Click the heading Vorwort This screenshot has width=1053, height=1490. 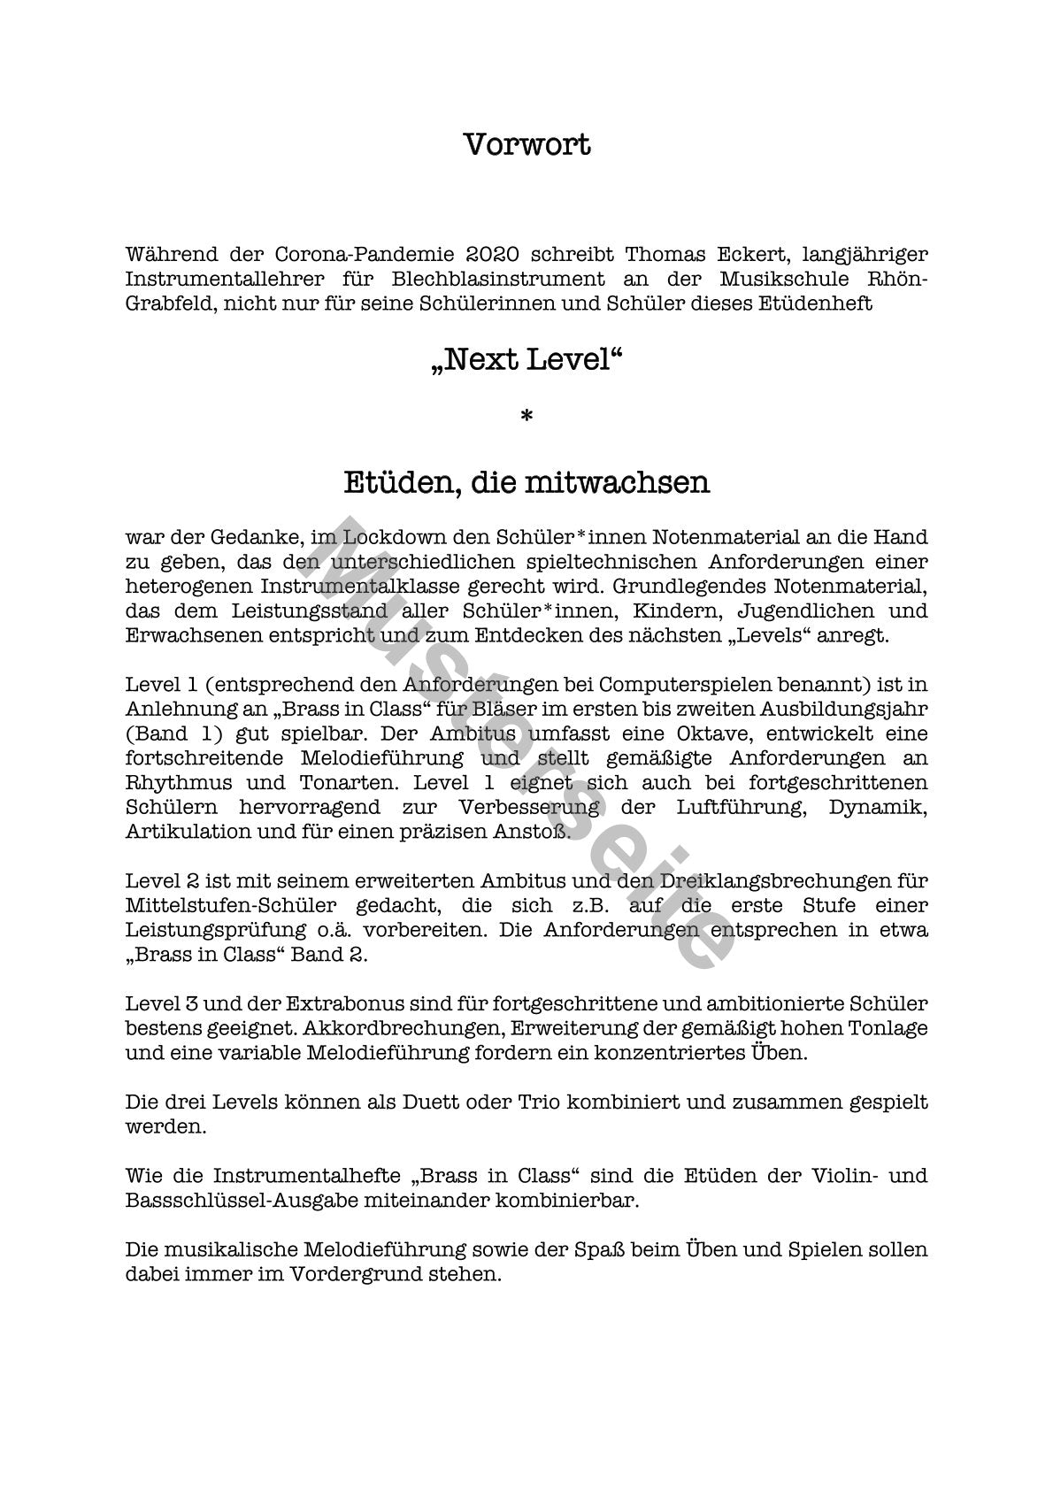click(x=526, y=144)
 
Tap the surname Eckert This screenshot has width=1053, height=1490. click(x=752, y=255)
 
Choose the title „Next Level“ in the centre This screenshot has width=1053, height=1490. click(x=526, y=361)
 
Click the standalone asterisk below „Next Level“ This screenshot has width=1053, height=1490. click(x=526, y=416)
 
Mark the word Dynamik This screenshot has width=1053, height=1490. click(x=877, y=808)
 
